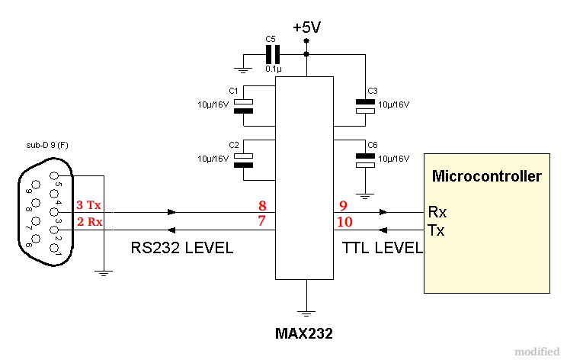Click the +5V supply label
tap(306, 27)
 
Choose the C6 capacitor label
tap(372, 144)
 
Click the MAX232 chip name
tap(304, 333)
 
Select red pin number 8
tap(261, 206)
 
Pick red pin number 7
tap(261, 221)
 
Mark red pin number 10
tap(344, 221)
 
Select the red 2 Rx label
tap(89, 222)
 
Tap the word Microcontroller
tap(486, 177)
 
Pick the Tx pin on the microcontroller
tap(437, 230)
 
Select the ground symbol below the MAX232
tap(306, 312)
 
